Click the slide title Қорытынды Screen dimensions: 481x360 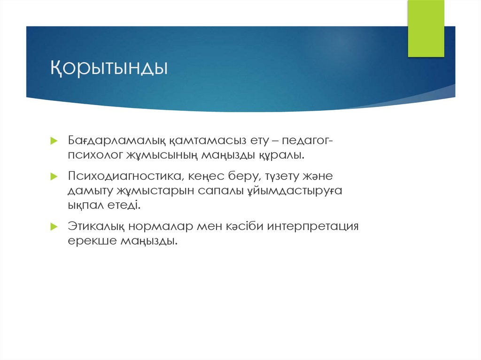[x=109, y=68]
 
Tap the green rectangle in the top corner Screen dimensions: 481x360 [x=426, y=28]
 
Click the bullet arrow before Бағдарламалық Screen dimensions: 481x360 [x=54, y=141]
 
